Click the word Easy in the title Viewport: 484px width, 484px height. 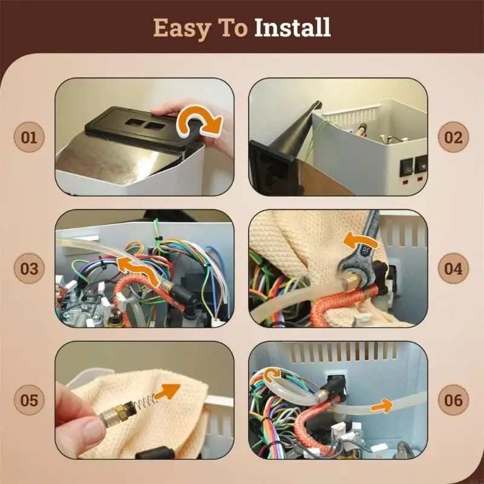coord(179,28)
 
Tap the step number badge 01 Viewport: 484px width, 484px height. coord(29,137)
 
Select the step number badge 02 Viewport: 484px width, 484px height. coord(453,137)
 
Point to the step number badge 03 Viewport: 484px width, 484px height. coord(29,269)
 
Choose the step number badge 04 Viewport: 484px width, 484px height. coord(453,269)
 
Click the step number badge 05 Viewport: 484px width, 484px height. coord(29,400)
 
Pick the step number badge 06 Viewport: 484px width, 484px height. coord(453,400)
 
